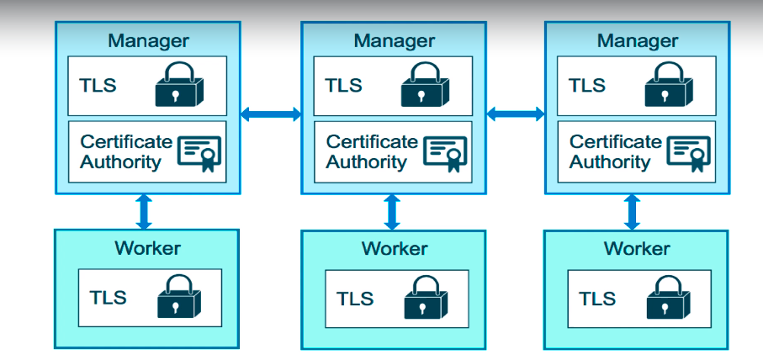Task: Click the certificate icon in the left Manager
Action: click(199, 153)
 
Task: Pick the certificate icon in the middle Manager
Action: click(445, 153)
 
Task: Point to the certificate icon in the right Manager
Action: click(689, 153)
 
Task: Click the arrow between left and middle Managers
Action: click(271, 114)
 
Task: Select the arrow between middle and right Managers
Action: click(516, 114)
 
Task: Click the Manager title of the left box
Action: click(148, 40)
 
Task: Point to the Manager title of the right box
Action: click(638, 40)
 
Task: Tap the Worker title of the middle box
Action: click(395, 249)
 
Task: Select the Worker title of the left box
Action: click(148, 247)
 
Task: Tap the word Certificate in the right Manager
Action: click(615, 142)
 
